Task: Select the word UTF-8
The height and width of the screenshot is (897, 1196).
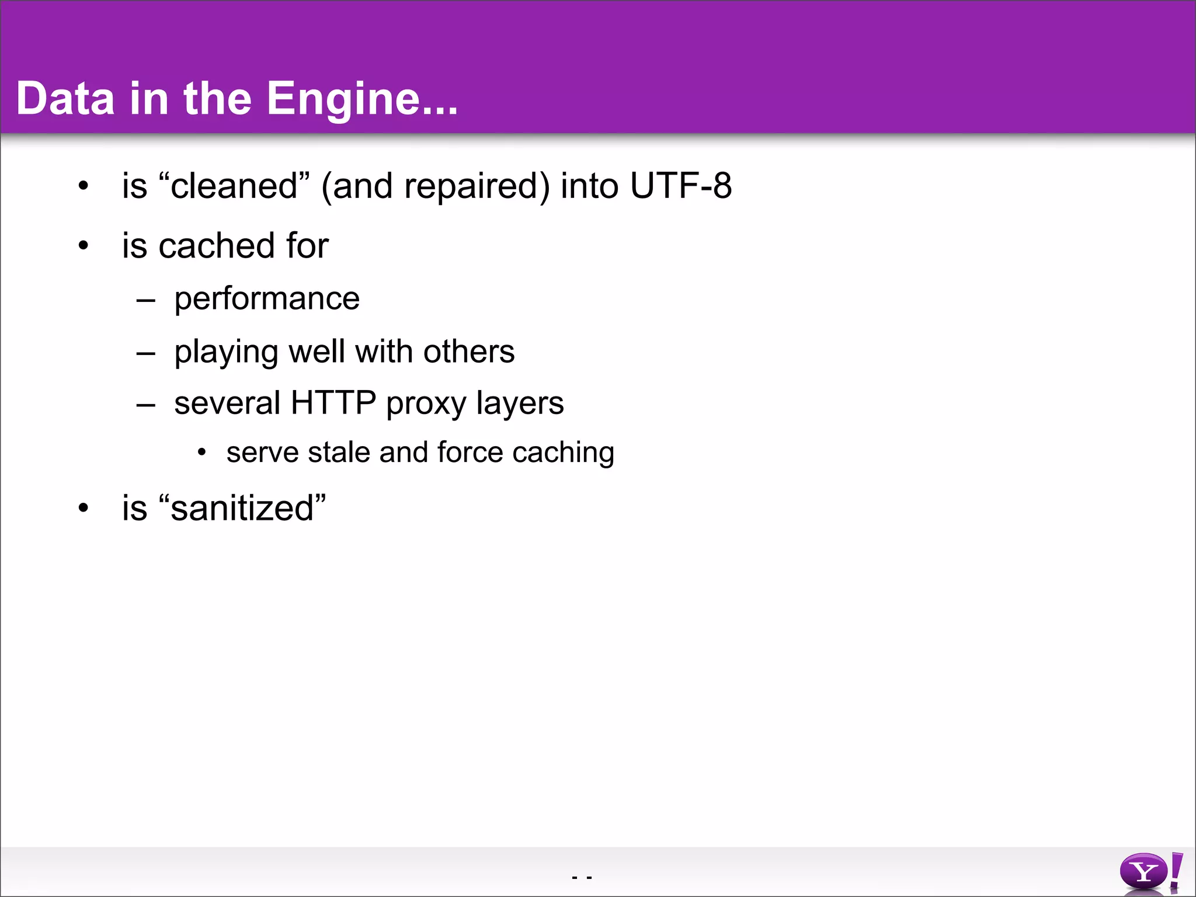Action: coord(680,186)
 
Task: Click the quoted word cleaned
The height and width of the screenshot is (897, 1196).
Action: coord(234,186)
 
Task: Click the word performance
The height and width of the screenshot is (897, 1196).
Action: coord(267,299)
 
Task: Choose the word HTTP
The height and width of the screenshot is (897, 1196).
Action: coord(333,403)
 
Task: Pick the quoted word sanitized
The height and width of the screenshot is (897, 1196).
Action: coord(242,508)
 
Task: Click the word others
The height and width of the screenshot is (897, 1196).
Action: coord(469,352)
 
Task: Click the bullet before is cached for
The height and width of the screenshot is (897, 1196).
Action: coord(84,245)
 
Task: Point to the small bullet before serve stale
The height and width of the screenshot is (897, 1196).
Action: coord(202,453)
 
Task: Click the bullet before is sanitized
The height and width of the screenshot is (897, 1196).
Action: coord(84,508)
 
